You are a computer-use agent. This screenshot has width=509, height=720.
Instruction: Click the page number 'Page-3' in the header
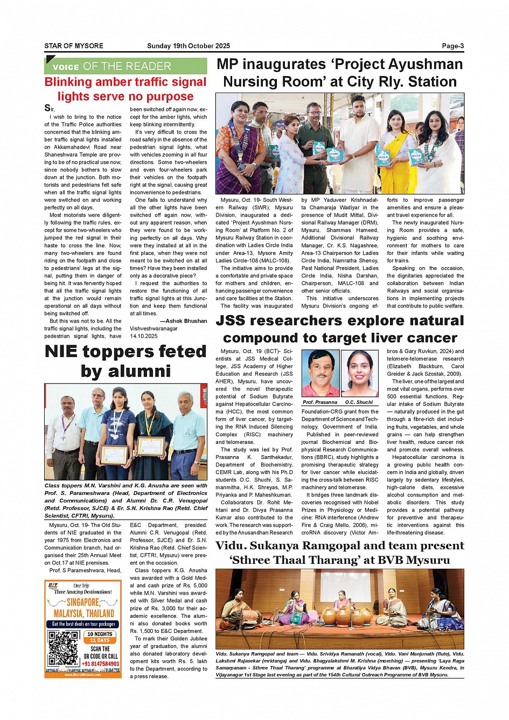452,46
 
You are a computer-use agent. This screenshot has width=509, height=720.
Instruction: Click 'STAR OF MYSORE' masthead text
74,46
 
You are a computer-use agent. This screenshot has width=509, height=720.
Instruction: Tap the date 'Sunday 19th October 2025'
189,46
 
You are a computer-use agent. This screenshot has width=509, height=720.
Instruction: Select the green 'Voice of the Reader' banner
125,66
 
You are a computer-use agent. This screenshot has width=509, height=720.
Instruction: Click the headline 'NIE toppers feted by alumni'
125,361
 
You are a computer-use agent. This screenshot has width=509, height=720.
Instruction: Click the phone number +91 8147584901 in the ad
101,663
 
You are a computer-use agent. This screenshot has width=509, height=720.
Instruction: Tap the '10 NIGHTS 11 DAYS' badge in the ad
101,637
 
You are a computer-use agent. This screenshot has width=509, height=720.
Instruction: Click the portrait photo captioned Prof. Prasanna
320,373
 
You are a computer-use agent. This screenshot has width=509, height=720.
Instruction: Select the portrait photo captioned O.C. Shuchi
359,373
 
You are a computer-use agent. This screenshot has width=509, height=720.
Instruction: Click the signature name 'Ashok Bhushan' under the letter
186,321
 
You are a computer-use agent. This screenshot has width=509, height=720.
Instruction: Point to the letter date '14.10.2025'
144,336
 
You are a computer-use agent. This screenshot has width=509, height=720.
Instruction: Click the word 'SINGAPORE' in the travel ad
83,602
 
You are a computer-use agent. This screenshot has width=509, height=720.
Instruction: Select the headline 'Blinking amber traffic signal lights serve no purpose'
125,89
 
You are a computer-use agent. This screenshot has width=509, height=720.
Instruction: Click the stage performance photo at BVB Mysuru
339,609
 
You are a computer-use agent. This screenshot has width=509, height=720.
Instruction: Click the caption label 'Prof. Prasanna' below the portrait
320,402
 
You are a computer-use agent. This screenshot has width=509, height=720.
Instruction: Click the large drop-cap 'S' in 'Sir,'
47,108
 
